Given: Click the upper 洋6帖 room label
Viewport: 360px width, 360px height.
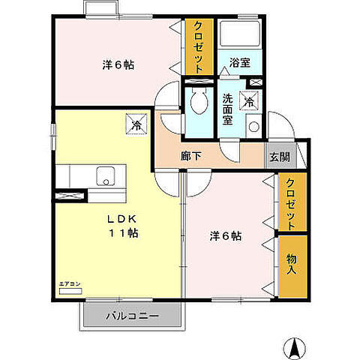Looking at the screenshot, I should (x=118, y=64).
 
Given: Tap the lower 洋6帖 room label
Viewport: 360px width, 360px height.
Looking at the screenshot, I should (x=225, y=235).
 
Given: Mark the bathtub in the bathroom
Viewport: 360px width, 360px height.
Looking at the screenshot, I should (x=240, y=34).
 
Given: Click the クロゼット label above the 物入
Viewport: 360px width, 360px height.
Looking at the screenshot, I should (x=291, y=202).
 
